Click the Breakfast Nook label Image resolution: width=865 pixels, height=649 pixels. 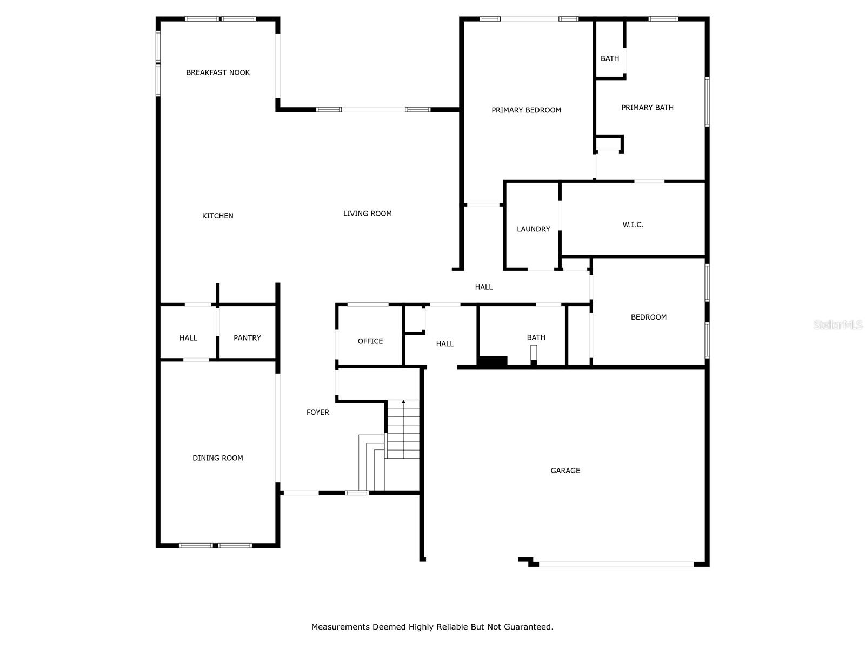point(218,72)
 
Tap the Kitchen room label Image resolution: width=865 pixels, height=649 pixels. point(218,216)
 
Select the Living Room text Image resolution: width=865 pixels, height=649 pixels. point(368,214)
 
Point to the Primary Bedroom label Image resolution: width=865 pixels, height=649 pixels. point(526,110)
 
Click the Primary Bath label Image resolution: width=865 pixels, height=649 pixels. point(647,108)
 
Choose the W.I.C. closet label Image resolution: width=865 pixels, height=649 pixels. point(633,224)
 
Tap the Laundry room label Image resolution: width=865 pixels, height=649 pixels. point(533,229)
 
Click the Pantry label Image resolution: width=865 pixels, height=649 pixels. point(247,338)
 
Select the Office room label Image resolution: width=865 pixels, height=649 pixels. point(370,341)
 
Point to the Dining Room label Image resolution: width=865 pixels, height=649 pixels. point(218,458)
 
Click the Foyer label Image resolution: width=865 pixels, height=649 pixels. point(318,412)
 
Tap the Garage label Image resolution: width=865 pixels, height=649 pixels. point(565,471)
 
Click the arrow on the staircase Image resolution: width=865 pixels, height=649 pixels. point(403,402)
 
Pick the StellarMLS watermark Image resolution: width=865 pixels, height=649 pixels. point(838,325)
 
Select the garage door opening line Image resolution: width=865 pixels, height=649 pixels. point(616,564)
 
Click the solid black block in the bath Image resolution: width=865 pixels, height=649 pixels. point(493,361)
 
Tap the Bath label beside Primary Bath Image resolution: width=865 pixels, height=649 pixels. point(610,58)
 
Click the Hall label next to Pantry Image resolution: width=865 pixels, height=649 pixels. point(188,338)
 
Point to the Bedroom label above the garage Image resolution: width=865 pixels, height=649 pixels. point(649,317)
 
